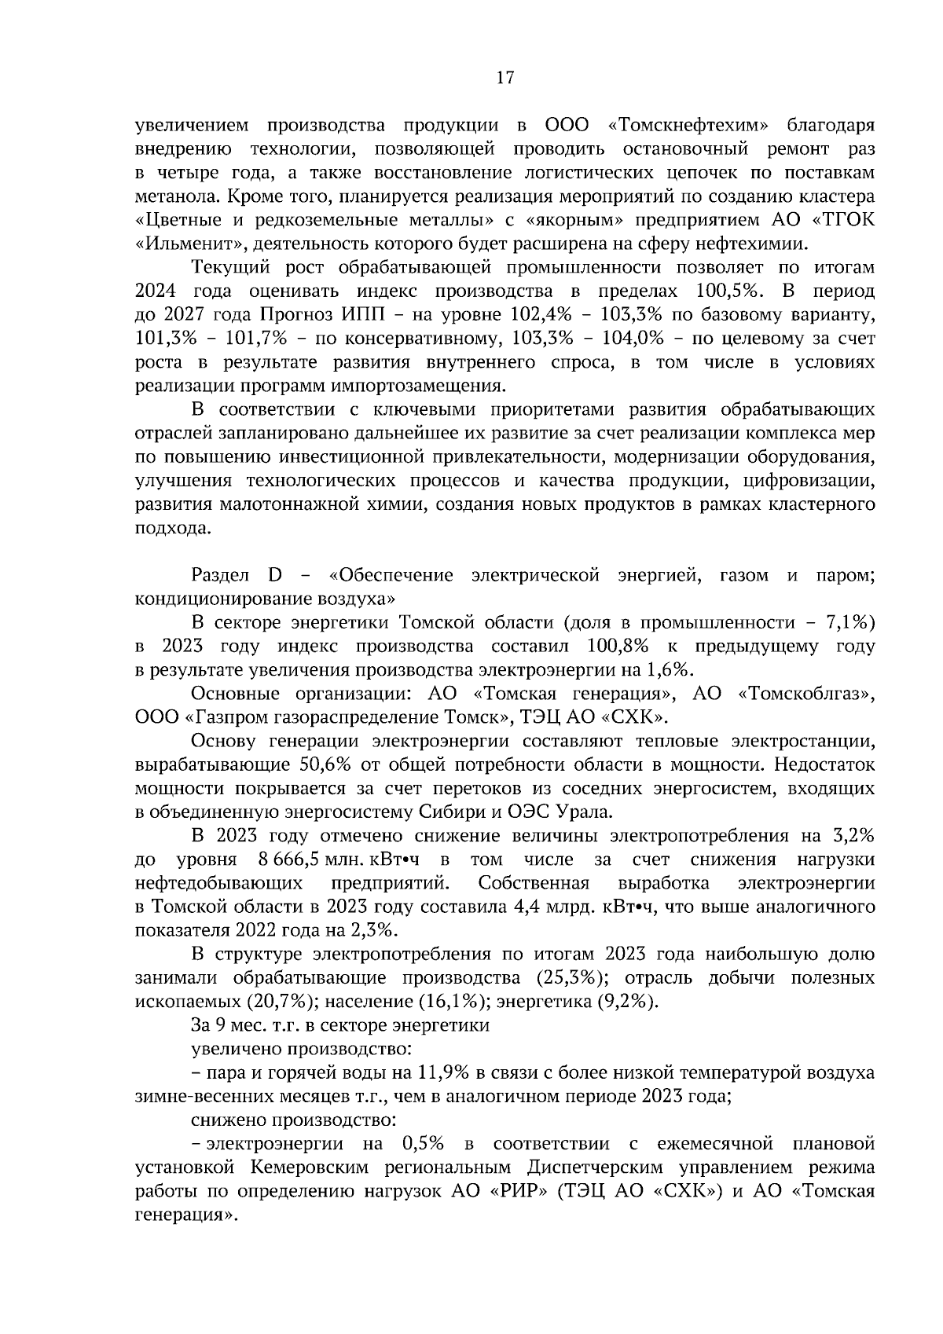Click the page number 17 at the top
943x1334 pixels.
(505, 78)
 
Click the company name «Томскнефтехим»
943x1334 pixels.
(688, 126)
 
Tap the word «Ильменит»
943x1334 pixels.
(182, 244)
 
